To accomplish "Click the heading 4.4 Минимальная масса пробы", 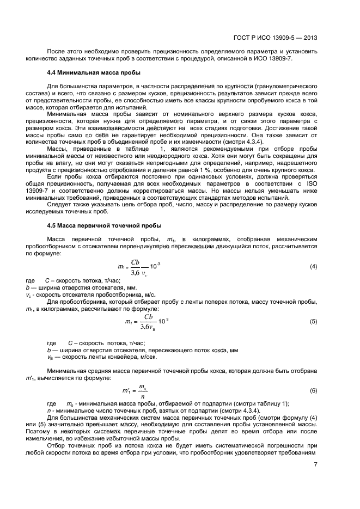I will pos(94,72).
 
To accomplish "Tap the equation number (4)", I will pos(314,266).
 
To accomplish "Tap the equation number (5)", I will pos(314,322).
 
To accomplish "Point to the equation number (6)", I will pos(314,390).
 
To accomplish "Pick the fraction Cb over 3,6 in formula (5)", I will pos(148,322).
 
